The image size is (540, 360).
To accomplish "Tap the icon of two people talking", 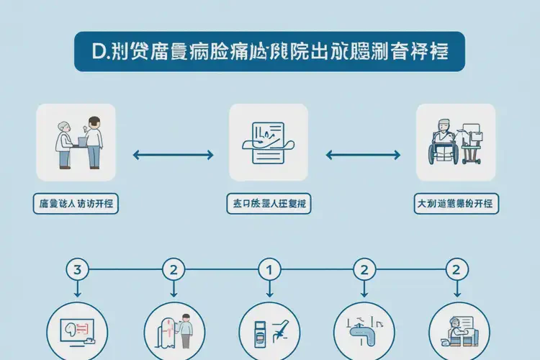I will tap(76, 142).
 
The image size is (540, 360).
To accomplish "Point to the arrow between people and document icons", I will tap(174, 154).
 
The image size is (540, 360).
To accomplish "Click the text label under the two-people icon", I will tap(76, 204).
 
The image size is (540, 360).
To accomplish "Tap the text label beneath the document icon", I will tap(268, 204).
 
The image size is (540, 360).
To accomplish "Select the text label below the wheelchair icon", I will tap(456, 204).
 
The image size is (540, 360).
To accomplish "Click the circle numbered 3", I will tap(77, 271).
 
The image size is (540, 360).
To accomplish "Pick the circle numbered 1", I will tap(269, 271).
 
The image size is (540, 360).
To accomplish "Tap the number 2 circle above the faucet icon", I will tap(363, 271).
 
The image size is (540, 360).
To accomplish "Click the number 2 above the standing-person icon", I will tap(173, 271).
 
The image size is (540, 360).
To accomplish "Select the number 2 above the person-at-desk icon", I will tap(456, 271).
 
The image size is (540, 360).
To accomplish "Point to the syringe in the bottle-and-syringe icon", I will tap(278, 328).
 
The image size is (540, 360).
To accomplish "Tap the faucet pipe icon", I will tap(364, 330).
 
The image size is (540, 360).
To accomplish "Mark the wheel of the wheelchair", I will tap(439, 154).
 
